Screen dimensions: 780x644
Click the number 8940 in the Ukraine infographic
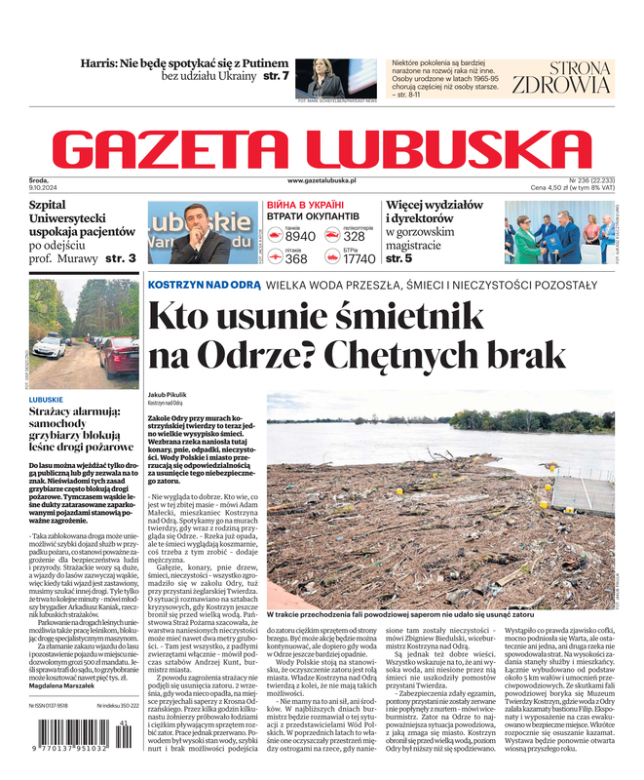300,236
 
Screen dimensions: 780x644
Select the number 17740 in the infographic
359,258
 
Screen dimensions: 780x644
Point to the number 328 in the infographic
355,236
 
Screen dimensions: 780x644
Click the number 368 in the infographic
296,258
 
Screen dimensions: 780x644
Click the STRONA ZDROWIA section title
560,77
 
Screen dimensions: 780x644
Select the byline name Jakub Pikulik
169,393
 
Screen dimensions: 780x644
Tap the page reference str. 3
121,258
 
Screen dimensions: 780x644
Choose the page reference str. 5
399,258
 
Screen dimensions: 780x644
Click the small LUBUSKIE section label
47,400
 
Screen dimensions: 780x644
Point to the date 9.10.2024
46,188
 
